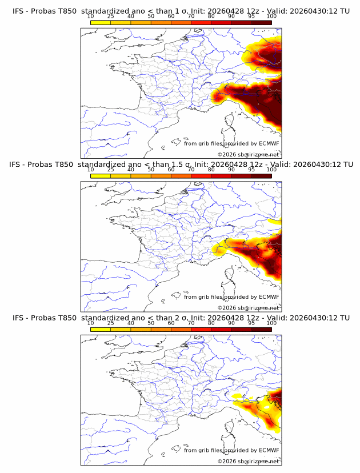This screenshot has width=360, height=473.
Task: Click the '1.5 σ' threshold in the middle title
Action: pyautogui.click(x=181, y=165)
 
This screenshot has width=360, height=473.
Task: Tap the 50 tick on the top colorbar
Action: pyautogui.click(x=151, y=17)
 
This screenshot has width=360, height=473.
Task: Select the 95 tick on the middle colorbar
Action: pyautogui.click(x=251, y=170)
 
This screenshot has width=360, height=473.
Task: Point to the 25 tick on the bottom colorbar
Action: pyautogui.click(x=111, y=323)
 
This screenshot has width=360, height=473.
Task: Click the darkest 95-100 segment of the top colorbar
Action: pyautogui.click(x=261, y=23)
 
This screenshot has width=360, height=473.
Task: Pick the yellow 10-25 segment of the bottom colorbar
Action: pyautogui.click(x=101, y=330)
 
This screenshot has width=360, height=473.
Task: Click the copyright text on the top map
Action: pyautogui.click(x=248, y=154)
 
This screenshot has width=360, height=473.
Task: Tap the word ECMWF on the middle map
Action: pyautogui.click(x=269, y=297)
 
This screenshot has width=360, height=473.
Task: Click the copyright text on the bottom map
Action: pyautogui.click(x=248, y=461)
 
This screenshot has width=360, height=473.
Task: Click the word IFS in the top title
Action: pyautogui.click(x=18, y=11)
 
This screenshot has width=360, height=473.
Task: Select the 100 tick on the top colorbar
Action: pyautogui.click(x=271, y=17)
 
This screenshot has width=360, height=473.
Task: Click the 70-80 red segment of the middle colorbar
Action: pyautogui.click(x=201, y=176)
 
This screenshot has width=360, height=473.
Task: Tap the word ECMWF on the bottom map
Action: pyautogui.click(x=269, y=450)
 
